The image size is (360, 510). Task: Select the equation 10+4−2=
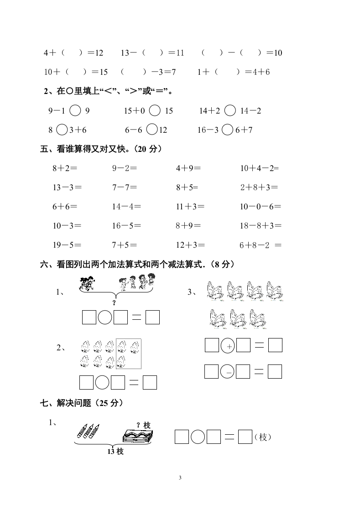pos(259,168)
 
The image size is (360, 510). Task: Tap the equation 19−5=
pos(67,245)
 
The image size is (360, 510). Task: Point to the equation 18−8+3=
pos(261,225)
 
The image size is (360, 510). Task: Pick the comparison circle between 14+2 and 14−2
pos(230,110)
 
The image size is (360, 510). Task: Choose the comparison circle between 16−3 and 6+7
pos(227,130)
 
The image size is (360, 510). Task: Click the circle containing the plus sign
pos(228,346)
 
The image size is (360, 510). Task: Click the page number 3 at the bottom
pos(180,478)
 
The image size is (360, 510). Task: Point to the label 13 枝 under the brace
pos(115,452)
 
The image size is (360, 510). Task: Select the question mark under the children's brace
pos(114,302)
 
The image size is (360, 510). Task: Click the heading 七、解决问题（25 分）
pos(81,403)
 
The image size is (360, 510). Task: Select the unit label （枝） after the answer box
pos(263,437)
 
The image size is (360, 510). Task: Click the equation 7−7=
pos(124,187)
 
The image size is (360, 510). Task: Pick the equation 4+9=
pos(188,168)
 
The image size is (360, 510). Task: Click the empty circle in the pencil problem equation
pos(198,437)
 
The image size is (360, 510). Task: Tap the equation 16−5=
pos(126,225)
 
